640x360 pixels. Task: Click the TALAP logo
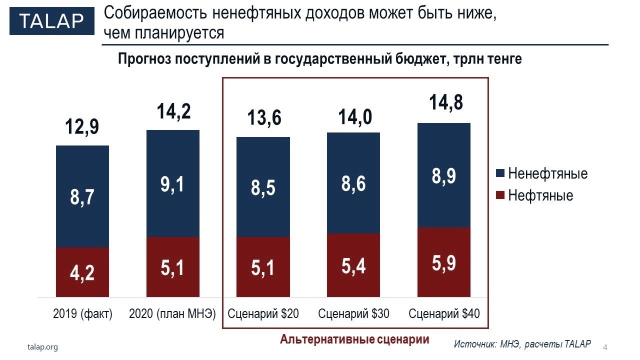coord(51,21)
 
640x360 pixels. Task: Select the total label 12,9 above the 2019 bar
coord(82,127)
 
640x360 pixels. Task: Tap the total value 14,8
coord(446,102)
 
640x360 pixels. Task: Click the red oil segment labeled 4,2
coord(82,272)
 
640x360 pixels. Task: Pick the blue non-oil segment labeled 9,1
coord(172,183)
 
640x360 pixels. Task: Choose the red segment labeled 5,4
coord(353,265)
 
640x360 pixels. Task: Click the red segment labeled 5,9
coord(444,262)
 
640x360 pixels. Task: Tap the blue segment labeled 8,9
coord(444,175)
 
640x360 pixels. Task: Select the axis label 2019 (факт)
coord(82,314)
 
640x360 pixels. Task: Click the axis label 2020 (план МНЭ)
coord(172,314)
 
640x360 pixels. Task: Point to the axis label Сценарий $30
coord(353,314)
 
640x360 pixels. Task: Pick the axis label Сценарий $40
coord(444,314)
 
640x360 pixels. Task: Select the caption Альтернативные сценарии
coord(354,339)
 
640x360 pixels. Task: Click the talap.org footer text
coord(42,346)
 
